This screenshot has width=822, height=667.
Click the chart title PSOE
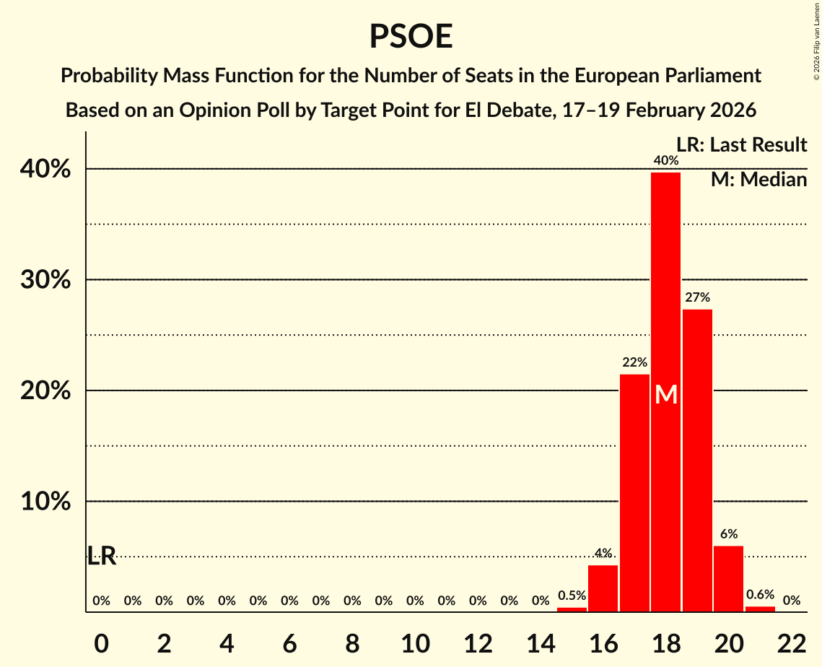point(411,36)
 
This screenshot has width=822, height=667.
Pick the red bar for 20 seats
point(728,578)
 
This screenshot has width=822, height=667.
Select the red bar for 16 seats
point(603,588)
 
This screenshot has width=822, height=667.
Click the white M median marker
point(666,395)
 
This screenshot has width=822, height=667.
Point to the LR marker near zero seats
point(102,556)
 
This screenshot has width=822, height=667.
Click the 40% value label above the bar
point(665,160)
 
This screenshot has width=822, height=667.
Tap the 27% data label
point(697,297)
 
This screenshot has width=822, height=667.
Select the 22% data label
point(634,362)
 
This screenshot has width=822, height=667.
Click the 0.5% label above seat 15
point(572,596)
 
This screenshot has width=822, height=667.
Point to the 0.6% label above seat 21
point(760,595)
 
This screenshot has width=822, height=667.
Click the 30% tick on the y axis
point(45,280)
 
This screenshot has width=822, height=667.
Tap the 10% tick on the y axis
point(45,502)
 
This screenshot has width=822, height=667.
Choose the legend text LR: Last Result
point(741,145)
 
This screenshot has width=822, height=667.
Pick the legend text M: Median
point(758,180)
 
